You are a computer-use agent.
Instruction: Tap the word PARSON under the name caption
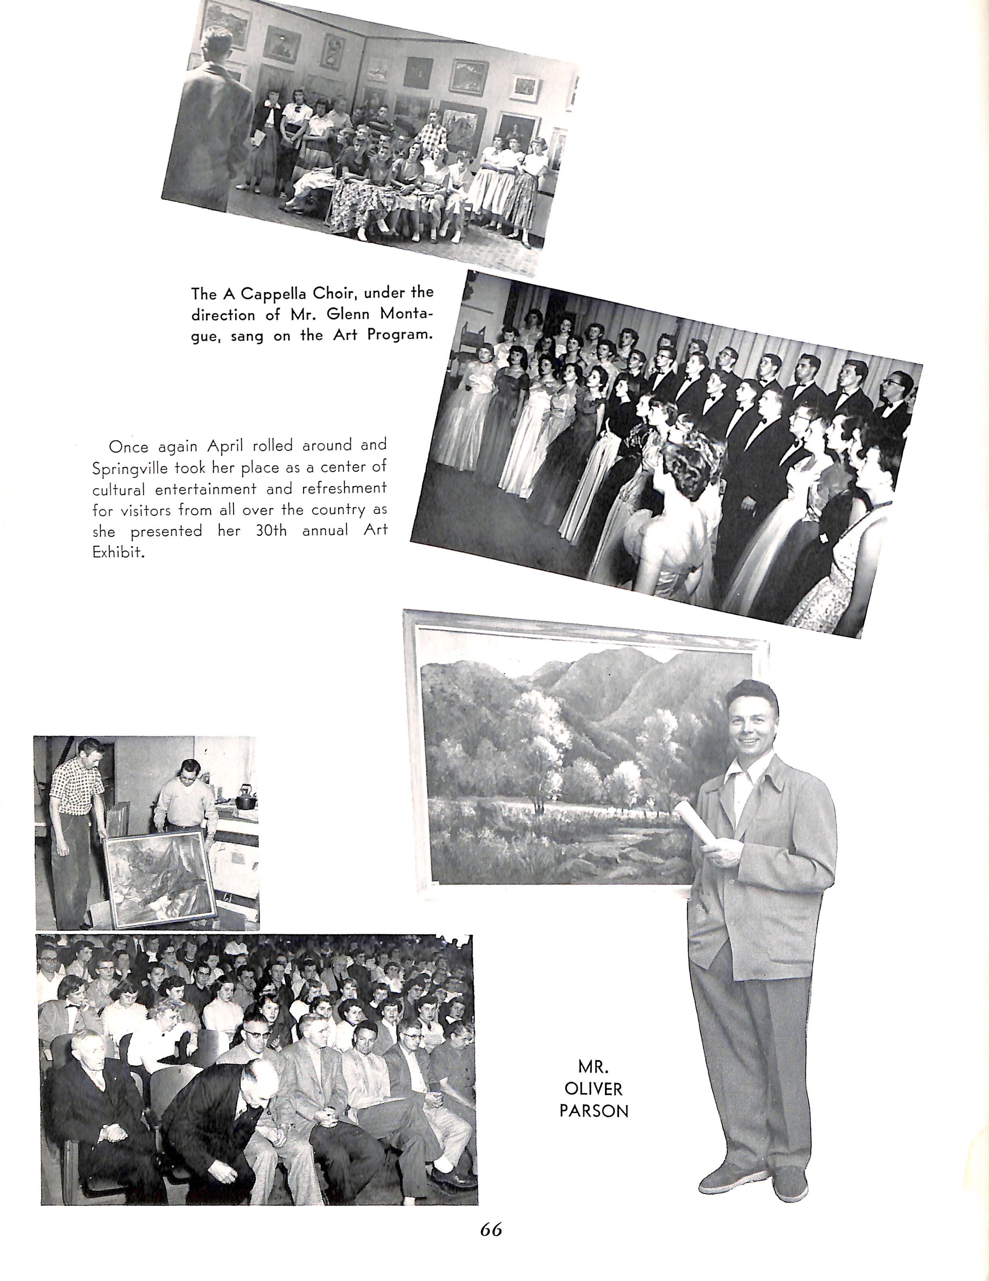(594, 1111)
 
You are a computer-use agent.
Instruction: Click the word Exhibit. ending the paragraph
(118, 553)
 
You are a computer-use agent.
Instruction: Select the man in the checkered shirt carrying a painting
(76, 821)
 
